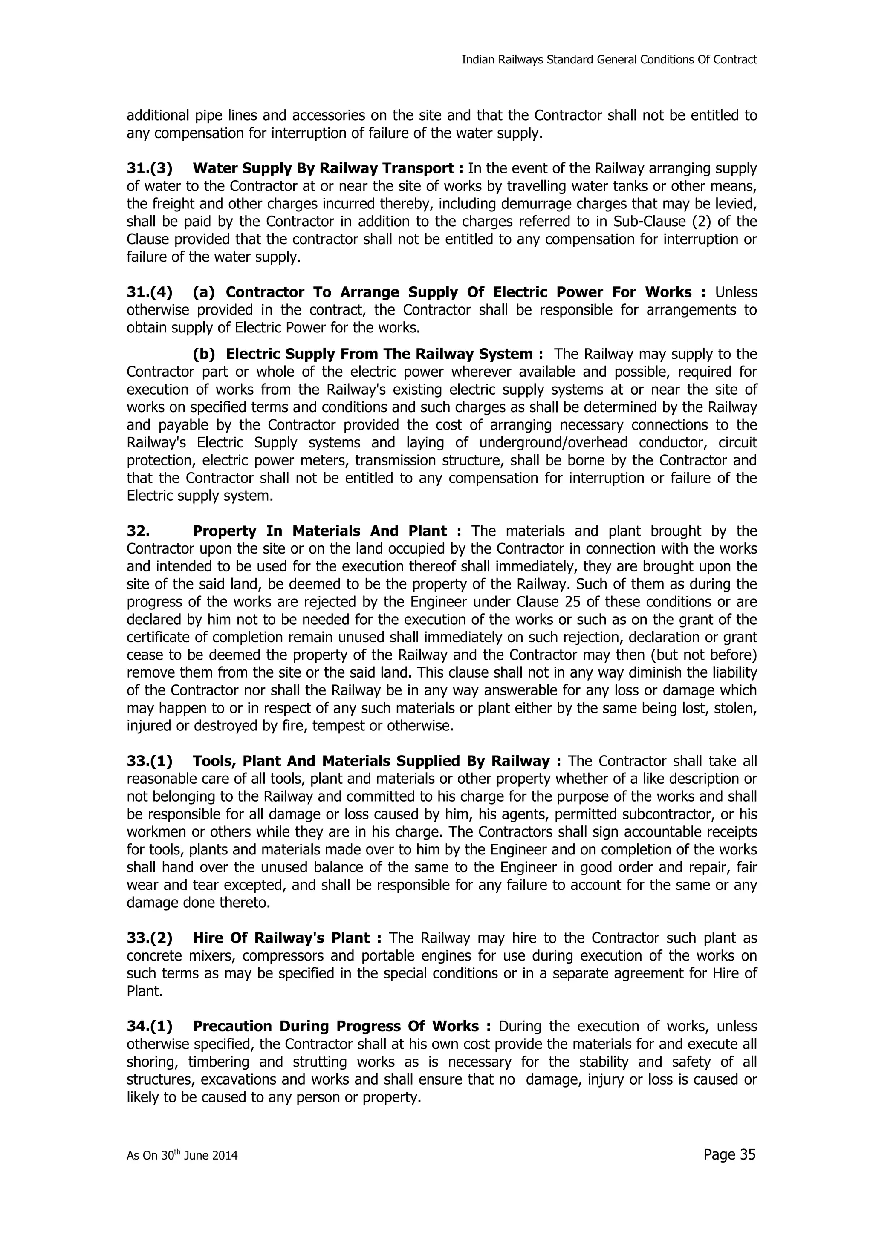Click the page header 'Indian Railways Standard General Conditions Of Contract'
pos(609,60)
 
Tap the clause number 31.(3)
pos(150,168)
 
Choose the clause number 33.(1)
pos(150,761)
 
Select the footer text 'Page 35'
pos(729,1154)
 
